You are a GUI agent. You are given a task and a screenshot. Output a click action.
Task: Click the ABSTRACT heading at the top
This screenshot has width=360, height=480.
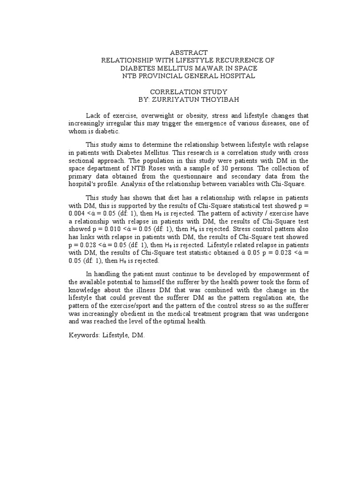tap(180, 52)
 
